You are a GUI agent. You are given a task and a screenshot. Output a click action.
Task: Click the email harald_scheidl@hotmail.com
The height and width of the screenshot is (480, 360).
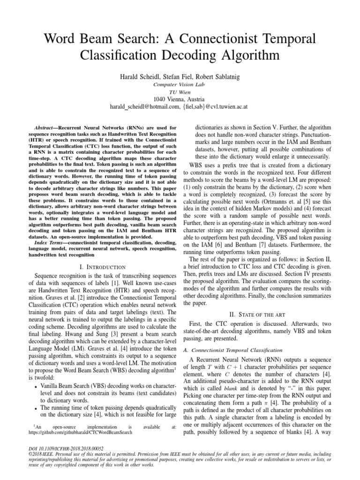click(144, 106)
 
